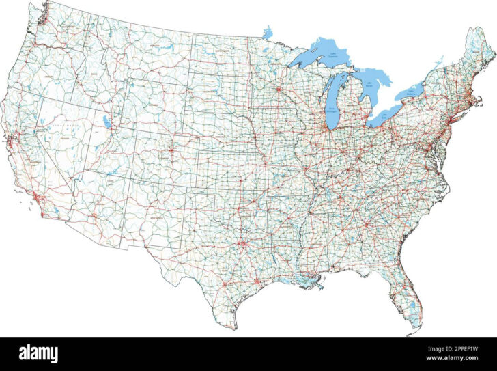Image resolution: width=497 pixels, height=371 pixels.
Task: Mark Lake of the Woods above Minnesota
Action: (268, 32)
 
